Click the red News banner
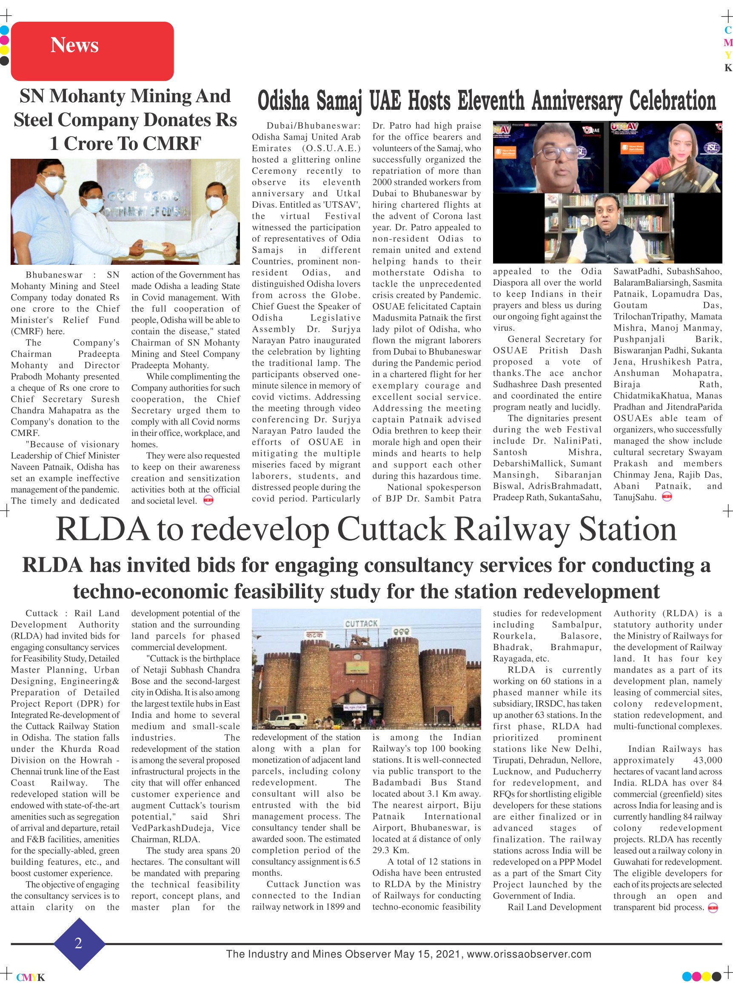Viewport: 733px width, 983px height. pyautogui.click(x=92, y=51)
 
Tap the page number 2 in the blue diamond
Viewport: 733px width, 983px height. pyautogui.click(x=79, y=943)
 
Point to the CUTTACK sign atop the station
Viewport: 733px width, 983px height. pyautogui.click(x=361, y=624)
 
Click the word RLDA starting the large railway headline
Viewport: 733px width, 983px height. pyautogui.click(x=103, y=529)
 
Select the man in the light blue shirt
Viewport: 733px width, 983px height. pyautogui.click(x=40, y=213)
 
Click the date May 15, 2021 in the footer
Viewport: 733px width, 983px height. pyautogui.click(x=426, y=954)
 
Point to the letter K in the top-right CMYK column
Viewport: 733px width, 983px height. pyautogui.click(x=727, y=68)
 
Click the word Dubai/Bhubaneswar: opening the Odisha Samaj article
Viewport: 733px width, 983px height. pyautogui.click(x=313, y=126)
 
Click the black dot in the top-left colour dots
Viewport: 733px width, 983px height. pyautogui.click(x=4, y=60)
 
